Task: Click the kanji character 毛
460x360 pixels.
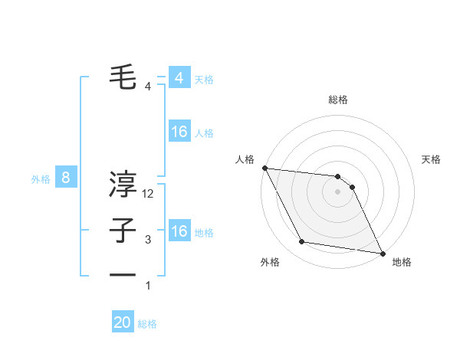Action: point(123,78)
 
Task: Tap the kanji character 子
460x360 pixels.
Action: point(123,231)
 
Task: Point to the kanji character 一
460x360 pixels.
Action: point(123,274)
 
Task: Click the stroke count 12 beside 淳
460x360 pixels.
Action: point(149,195)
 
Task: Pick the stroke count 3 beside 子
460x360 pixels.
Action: point(148,240)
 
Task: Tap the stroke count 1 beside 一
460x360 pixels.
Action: point(148,286)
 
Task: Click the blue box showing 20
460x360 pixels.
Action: point(123,322)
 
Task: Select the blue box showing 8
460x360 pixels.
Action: point(66,178)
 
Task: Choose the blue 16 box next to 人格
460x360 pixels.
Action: point(179,132)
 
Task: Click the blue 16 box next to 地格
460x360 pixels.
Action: point(179,231)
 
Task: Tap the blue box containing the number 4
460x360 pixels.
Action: point(179,78)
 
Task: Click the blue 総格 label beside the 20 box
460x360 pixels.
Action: point(147,324)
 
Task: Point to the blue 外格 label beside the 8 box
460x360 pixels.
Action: point(41,179)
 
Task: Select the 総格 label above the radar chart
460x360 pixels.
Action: point(338,100)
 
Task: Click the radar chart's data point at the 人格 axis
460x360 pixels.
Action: point(264,168)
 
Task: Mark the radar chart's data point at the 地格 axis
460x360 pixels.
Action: point(381,252)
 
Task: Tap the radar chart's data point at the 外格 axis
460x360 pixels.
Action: point(302,242)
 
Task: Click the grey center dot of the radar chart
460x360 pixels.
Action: point(338,191)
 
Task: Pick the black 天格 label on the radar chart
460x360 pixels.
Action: point(432,159)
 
